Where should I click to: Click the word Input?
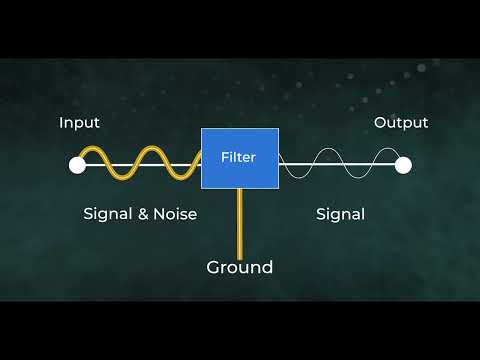point(79,123)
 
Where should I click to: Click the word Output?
point(401,123)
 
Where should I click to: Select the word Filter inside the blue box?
point(238,157)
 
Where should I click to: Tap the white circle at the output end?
point(403,166)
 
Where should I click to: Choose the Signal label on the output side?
point(340,213)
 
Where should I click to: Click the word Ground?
point(239,267)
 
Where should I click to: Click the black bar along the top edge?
point(240,28)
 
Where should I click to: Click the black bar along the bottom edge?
point(240,331)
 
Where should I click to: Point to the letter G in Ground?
point(214,267)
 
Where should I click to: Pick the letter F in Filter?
point(224,157)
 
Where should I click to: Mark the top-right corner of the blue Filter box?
point(277,129)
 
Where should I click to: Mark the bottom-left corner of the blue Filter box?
point(202,187)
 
